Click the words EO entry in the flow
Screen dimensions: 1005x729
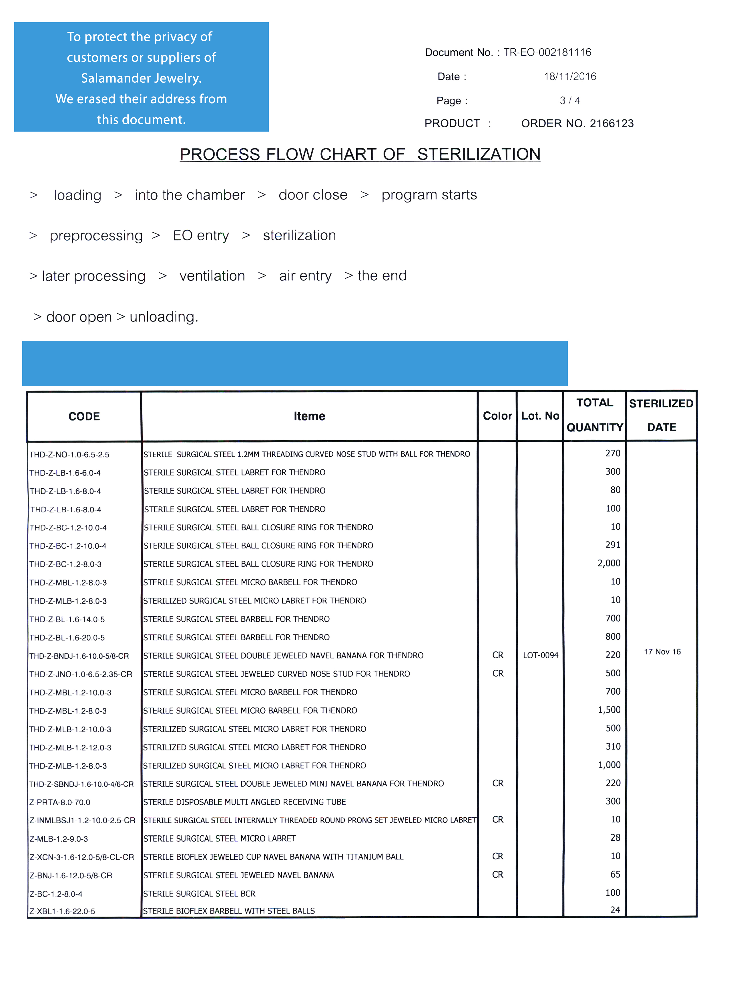201,235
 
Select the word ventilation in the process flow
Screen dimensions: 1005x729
212,275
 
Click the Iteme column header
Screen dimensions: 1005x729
309,416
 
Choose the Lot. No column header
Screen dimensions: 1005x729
540,416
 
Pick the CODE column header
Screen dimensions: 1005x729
84,416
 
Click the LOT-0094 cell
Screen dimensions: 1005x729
540,655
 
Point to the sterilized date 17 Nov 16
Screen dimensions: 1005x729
662,651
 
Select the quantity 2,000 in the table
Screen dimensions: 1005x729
609,563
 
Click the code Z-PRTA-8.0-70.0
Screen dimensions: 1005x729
60,802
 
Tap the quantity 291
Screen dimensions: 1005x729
613,545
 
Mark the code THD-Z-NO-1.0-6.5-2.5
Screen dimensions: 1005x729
69,455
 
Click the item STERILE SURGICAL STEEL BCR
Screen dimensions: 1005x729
199,893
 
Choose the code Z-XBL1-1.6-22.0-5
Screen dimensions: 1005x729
62,911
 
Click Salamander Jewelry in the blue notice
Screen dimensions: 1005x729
141,78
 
